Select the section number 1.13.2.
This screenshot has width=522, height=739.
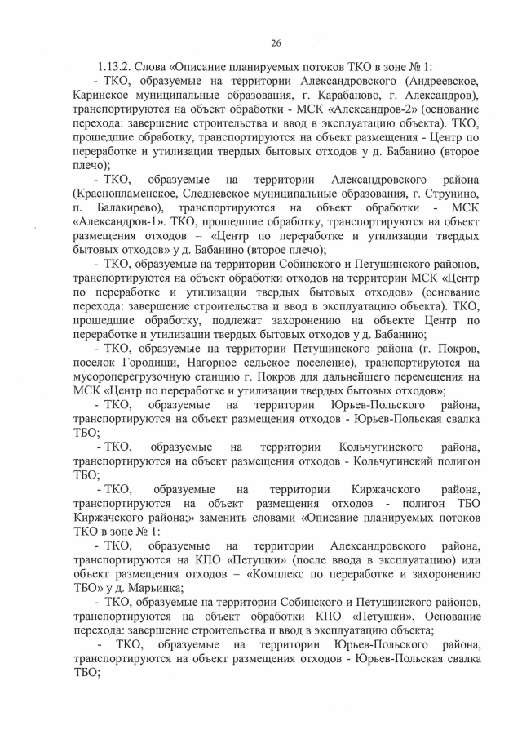pyautogui.click(x=116, y=69)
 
